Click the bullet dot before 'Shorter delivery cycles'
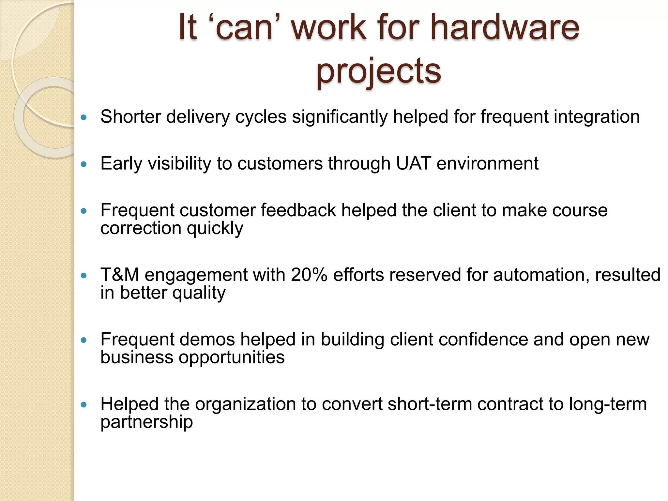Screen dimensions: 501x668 pos(84,117)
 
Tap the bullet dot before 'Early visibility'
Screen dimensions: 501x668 pos(84,164)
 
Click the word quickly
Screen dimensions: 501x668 pos(215,228)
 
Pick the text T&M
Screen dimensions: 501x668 pos(120,275)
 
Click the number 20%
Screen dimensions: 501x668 pos(309,275)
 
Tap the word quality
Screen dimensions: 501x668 pos(199,293)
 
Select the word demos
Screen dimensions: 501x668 pos(207,339)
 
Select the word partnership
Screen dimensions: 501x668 pos(146,422)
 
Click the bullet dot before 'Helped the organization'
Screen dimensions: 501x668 pos(84,405)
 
